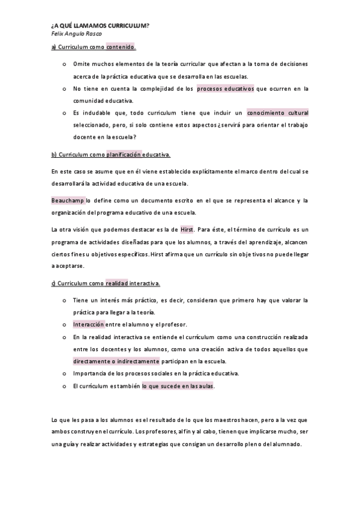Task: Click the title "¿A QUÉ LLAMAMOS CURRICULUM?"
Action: [99, 26]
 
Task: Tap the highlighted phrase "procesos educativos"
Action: [226, 89]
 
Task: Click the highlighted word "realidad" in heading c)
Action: [116, 283]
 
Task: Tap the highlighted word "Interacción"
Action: [89, 324]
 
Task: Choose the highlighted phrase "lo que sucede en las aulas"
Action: [178, 386]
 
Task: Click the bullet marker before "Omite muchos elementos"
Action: [64, 63]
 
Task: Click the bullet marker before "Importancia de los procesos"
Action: [64, 374]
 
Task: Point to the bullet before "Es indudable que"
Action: [64, 112]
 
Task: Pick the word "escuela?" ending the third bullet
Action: [123, 137]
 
